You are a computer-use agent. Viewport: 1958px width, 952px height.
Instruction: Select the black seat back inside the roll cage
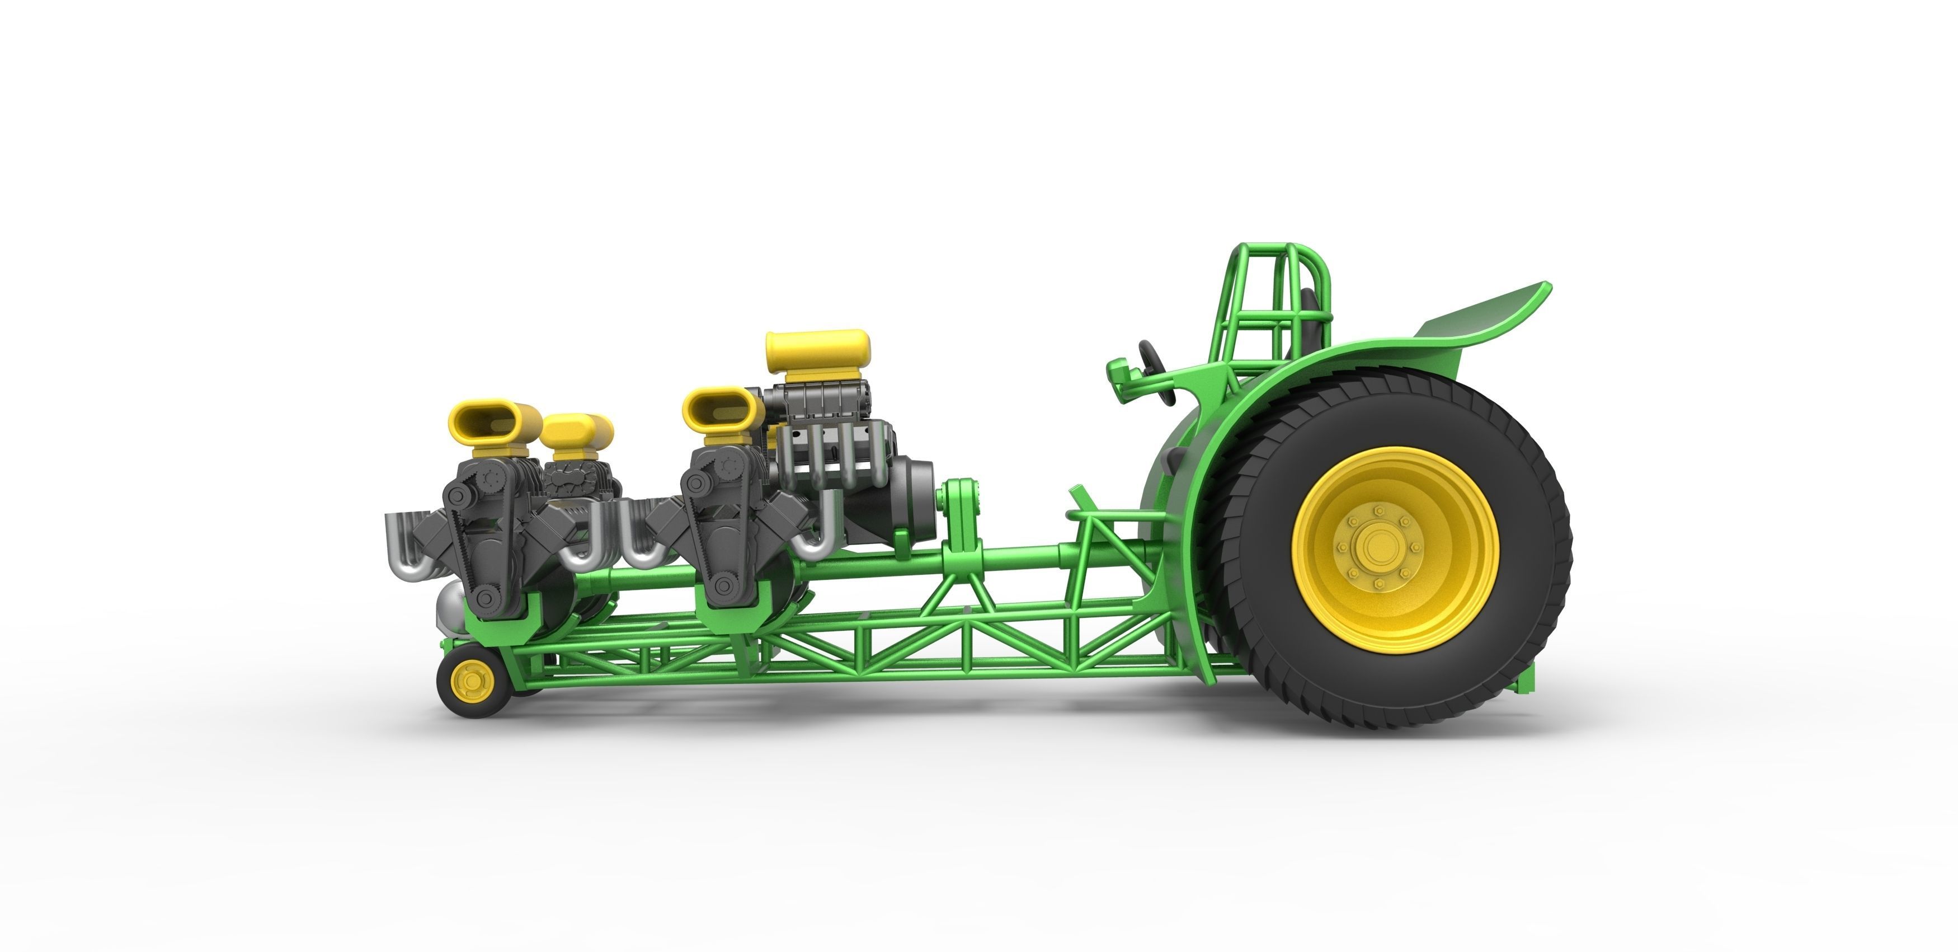pos(1309,320)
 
